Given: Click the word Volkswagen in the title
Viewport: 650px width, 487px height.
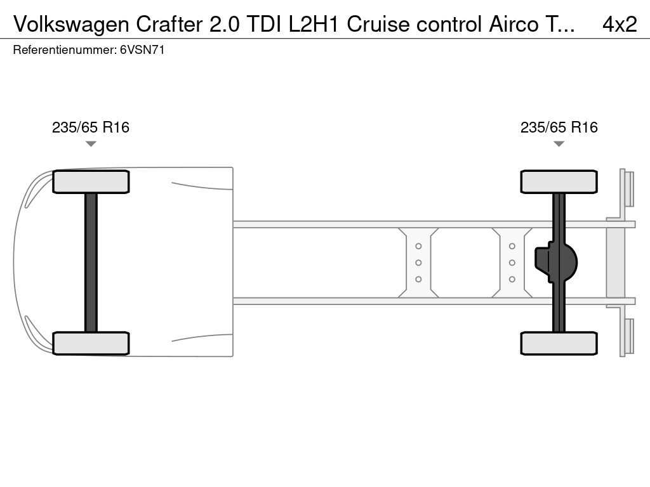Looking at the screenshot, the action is [x=71, y=25].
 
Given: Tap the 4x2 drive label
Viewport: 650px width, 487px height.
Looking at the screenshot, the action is [x=620, y=24].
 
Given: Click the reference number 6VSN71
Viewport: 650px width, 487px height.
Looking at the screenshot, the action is [x=142, y=50].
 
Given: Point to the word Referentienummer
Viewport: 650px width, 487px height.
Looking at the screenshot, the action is [x=65, y=50].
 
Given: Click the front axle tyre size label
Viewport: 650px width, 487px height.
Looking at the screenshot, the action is [x=91, y=127].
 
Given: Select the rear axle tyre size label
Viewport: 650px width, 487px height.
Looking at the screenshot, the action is [x=559, y=127].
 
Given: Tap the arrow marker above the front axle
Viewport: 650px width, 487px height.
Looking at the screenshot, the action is [x=91, y=144].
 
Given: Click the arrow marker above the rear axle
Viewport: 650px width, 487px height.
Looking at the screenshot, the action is [x=559, y=144].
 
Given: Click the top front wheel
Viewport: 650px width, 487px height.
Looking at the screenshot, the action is [x=91, y=182].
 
